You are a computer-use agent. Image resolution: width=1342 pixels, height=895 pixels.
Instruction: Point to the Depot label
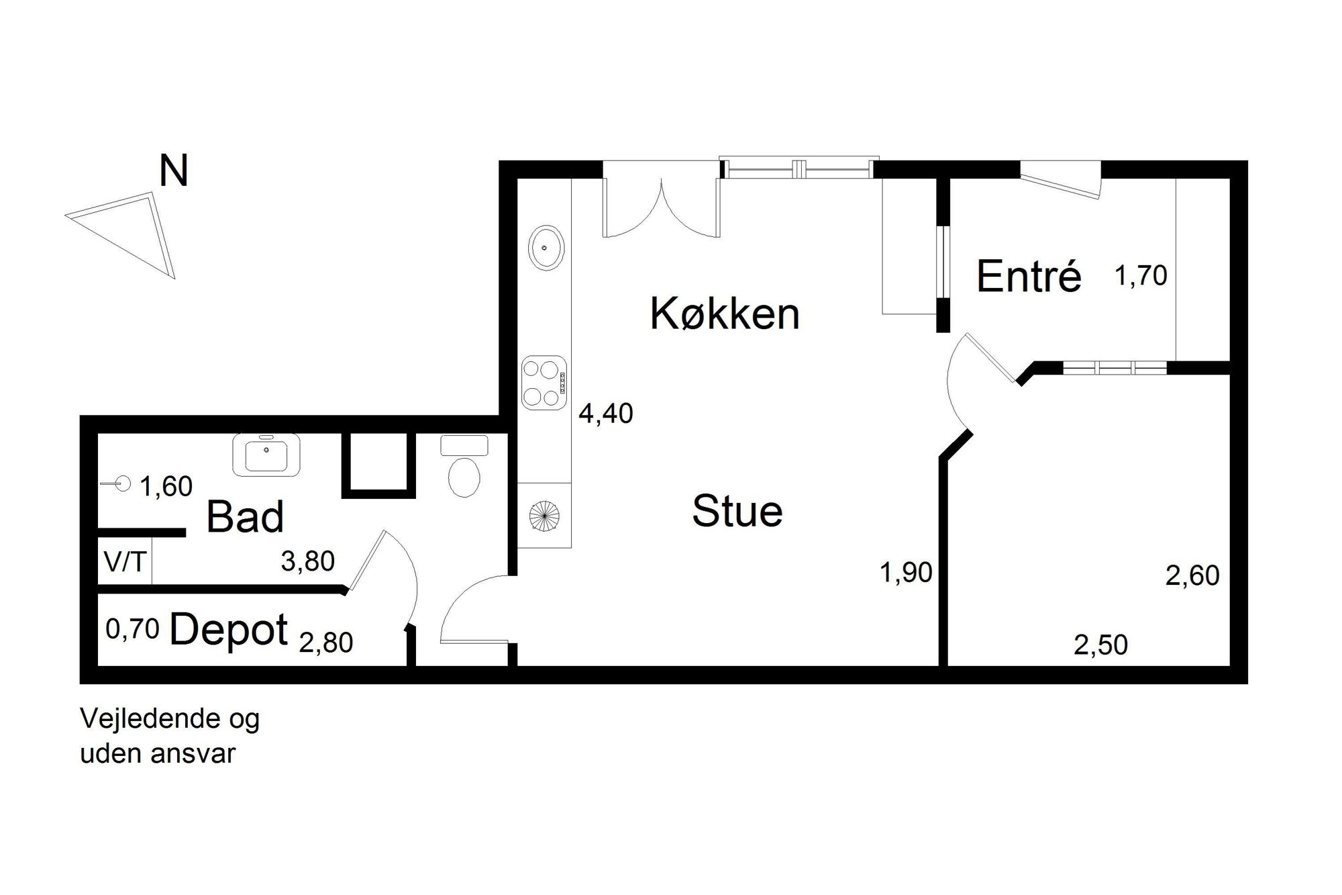(229, 630)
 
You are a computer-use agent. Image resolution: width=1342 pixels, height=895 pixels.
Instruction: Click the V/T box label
(125, 561)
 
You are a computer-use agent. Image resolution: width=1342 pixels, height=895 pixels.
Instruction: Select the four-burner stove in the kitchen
(544, 382)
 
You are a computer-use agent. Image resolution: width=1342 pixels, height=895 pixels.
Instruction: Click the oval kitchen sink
(547, 248)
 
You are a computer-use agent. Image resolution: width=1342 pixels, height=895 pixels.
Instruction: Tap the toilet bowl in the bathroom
(464, 476)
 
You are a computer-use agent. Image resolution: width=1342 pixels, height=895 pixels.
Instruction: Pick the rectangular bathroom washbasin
(266, 455)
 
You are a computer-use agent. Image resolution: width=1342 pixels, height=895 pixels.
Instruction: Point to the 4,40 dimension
(606, 414)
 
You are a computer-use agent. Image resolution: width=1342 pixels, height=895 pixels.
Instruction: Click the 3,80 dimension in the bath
(307, 561)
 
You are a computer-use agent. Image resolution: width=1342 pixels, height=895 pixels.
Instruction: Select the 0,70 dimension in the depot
(133, 629)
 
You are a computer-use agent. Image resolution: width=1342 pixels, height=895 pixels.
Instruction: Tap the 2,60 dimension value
(1192, 575)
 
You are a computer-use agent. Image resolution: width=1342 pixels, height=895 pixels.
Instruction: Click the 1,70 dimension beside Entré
(1141, 276)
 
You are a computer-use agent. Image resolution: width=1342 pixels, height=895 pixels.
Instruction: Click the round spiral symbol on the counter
(544, 516)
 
